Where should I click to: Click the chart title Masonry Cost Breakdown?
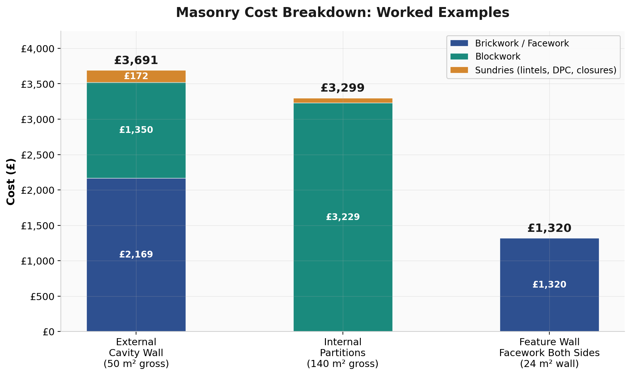click(342, 13)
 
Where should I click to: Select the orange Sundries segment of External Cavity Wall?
click(106, 76)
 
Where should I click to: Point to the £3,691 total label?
click(136, 61)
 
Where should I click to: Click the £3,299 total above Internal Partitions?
click(343, 88)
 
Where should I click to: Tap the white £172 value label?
click(136, 76)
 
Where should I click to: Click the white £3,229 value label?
click(343, 217)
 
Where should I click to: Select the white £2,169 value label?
click(136, 255)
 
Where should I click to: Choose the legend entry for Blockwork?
click(498, 57)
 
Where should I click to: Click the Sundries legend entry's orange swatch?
click(459, 70)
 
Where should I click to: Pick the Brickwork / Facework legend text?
click(522, 43)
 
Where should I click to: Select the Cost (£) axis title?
click(11, 182)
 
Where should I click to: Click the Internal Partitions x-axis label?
click(343, 353)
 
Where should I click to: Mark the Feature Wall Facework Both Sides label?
click(549, 353)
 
